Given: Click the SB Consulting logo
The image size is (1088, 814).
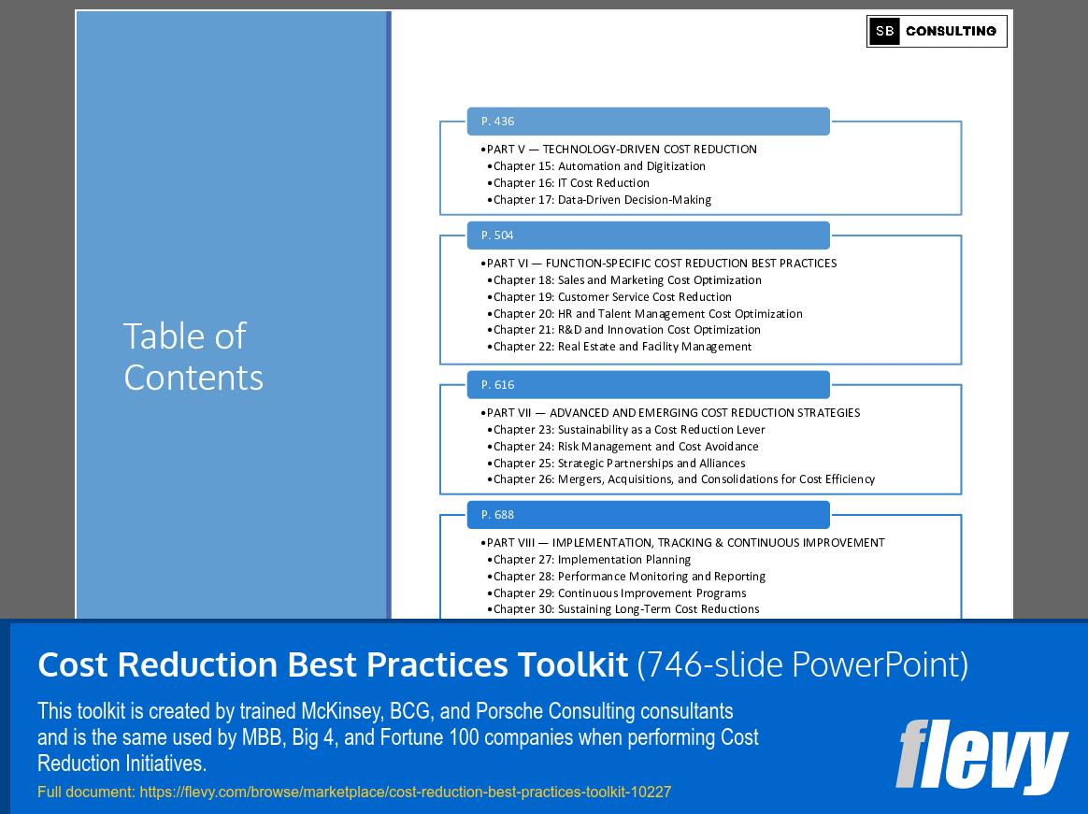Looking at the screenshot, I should (937, 31).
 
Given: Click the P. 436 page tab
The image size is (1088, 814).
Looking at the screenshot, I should (648, 121).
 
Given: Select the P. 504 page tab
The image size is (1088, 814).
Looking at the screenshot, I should (648, 236).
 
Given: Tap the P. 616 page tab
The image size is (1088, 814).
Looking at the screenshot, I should (648, 385).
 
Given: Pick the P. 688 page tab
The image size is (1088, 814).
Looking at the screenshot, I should (648, 515).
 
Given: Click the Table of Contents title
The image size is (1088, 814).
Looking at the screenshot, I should (193, 357).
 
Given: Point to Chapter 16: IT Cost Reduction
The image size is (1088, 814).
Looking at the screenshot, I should (571, 183).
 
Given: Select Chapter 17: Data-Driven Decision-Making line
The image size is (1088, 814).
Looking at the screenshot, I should (602, 200).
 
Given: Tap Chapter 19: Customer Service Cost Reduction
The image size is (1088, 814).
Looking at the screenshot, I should (612, 297).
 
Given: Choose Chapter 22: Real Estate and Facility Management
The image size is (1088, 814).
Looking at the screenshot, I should (623, 347).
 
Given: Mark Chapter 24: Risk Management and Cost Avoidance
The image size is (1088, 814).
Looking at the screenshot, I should (625, 447).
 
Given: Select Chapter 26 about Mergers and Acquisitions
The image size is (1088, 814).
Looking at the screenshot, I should (684, 479).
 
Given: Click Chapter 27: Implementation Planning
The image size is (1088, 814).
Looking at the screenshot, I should (592, 560).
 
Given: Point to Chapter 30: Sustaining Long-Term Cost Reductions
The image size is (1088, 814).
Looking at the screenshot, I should (626, 609).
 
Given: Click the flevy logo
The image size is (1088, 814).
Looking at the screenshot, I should (981, 755).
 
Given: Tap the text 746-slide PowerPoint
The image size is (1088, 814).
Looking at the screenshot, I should (803, 664).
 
